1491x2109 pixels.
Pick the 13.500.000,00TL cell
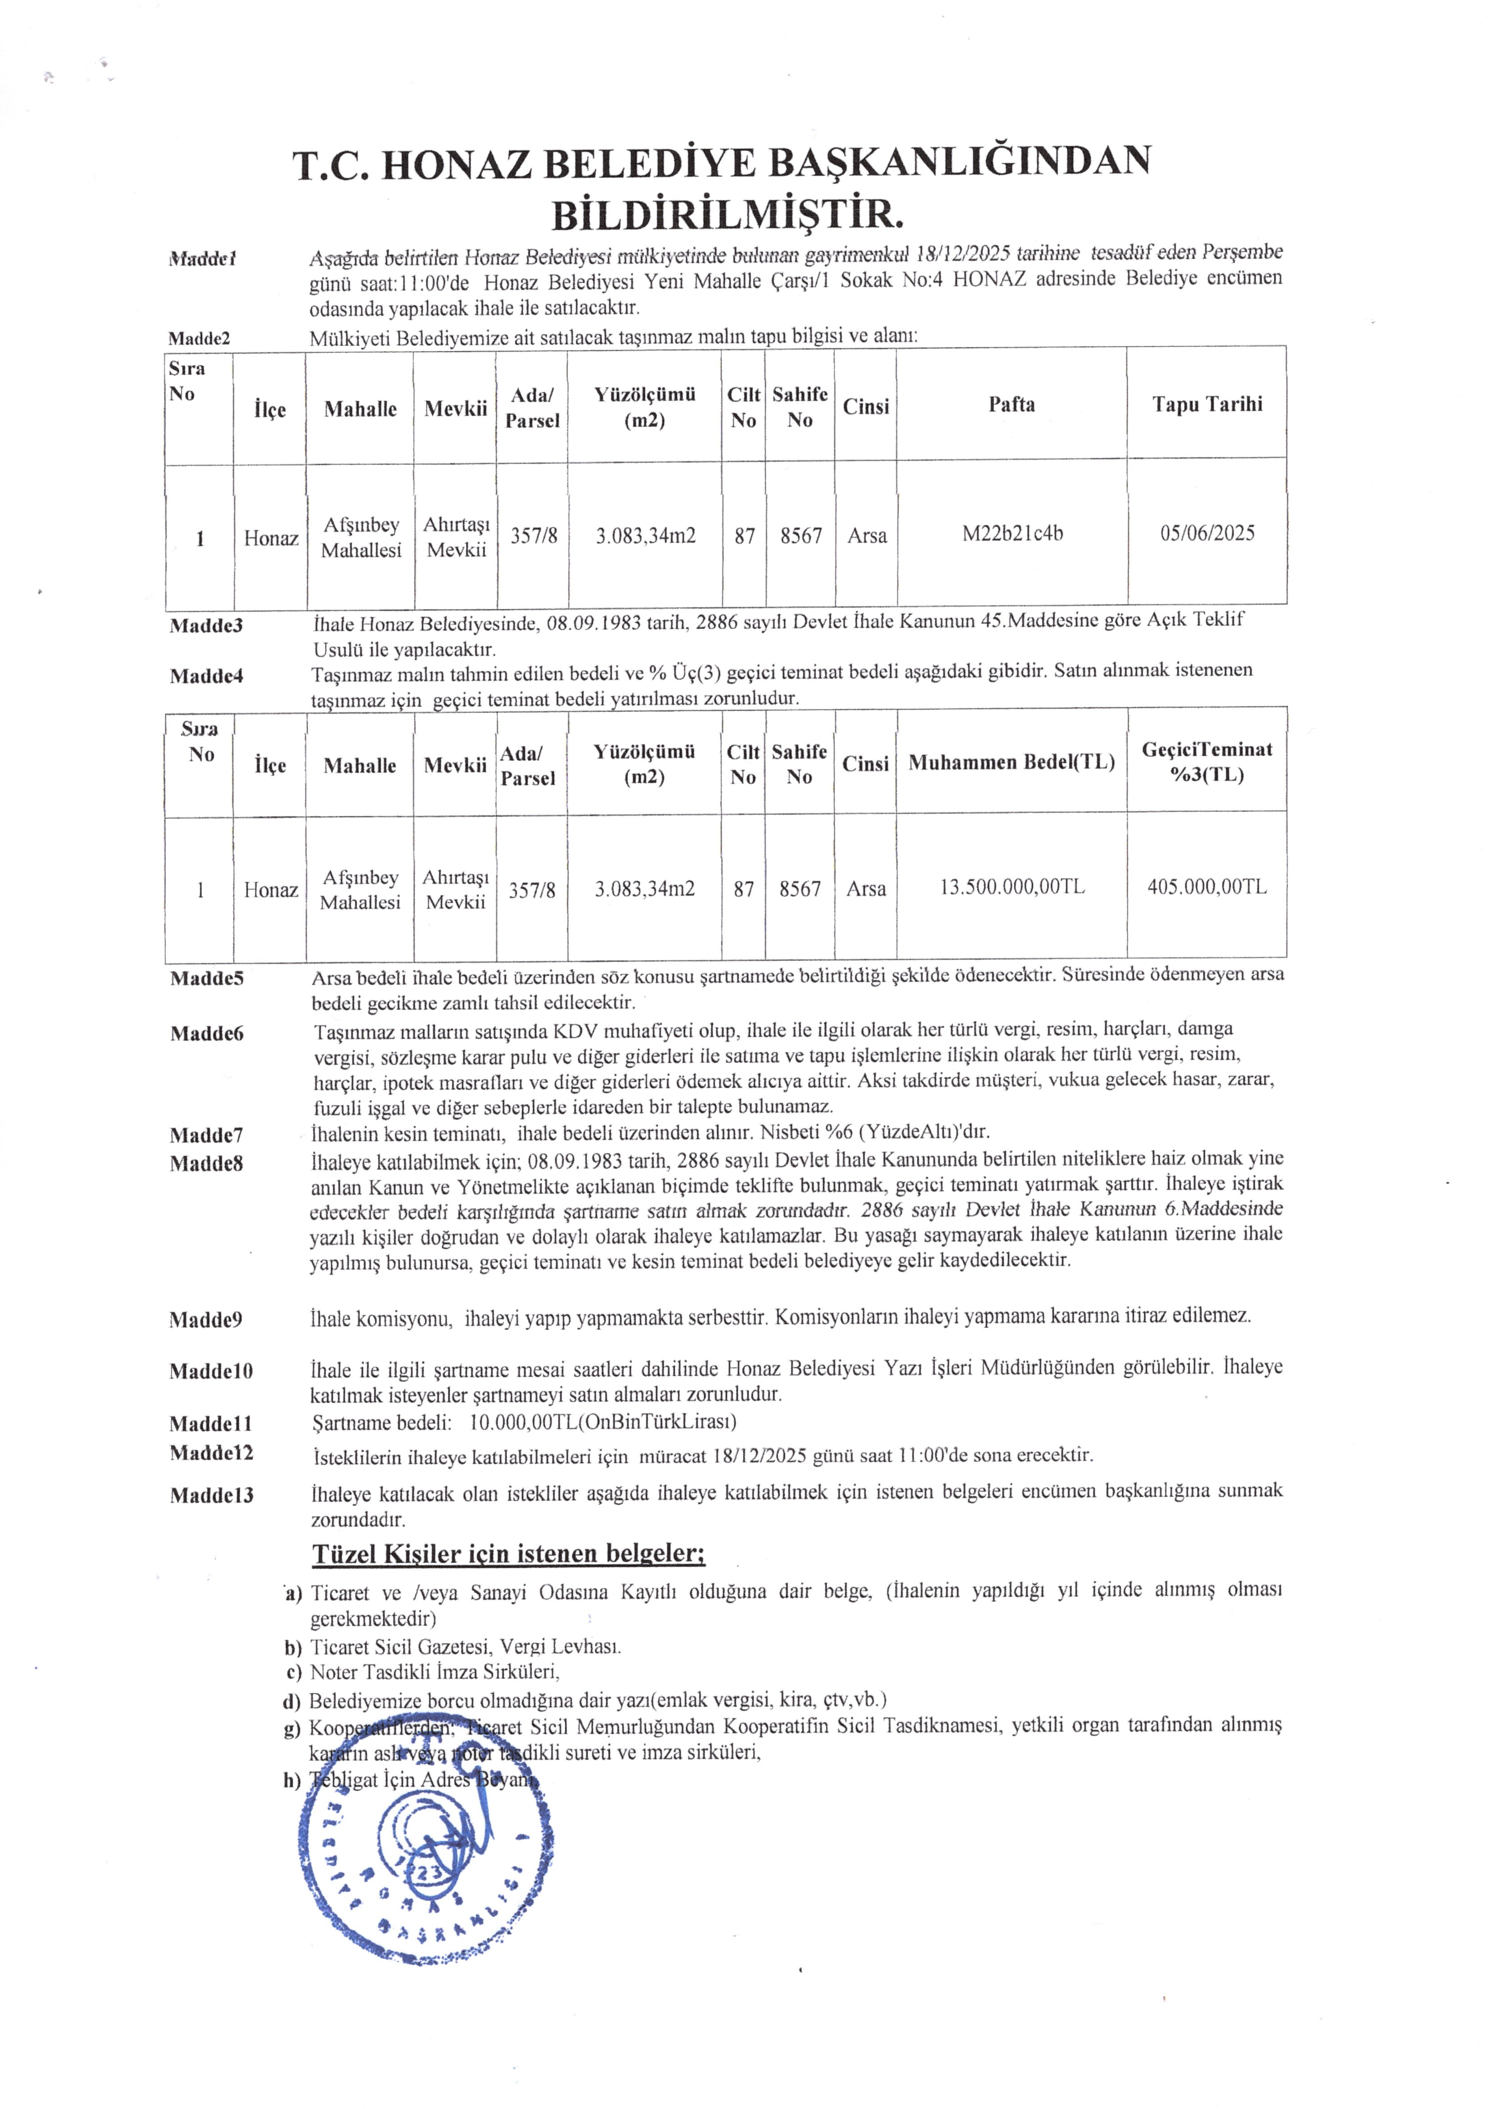[x=1012, y=887]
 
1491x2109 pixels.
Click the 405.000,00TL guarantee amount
[x=1207, y=887]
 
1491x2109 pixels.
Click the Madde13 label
[x=211, y=1496]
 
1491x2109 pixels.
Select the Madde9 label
[x=206, y=1320]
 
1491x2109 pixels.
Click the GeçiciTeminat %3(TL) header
[x=1207, y=761]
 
